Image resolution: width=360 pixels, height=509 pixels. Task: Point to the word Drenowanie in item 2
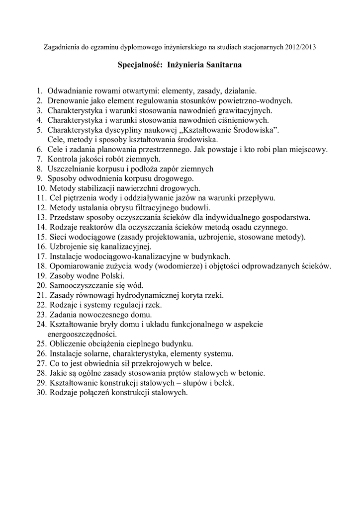click(x=67, y=100)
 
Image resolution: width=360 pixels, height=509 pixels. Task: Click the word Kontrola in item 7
click(x=63, y=159)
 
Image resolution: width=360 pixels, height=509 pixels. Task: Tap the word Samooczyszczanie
click(x=79, y=285)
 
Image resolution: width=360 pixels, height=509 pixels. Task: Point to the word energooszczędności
click(x=82, y=334)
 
